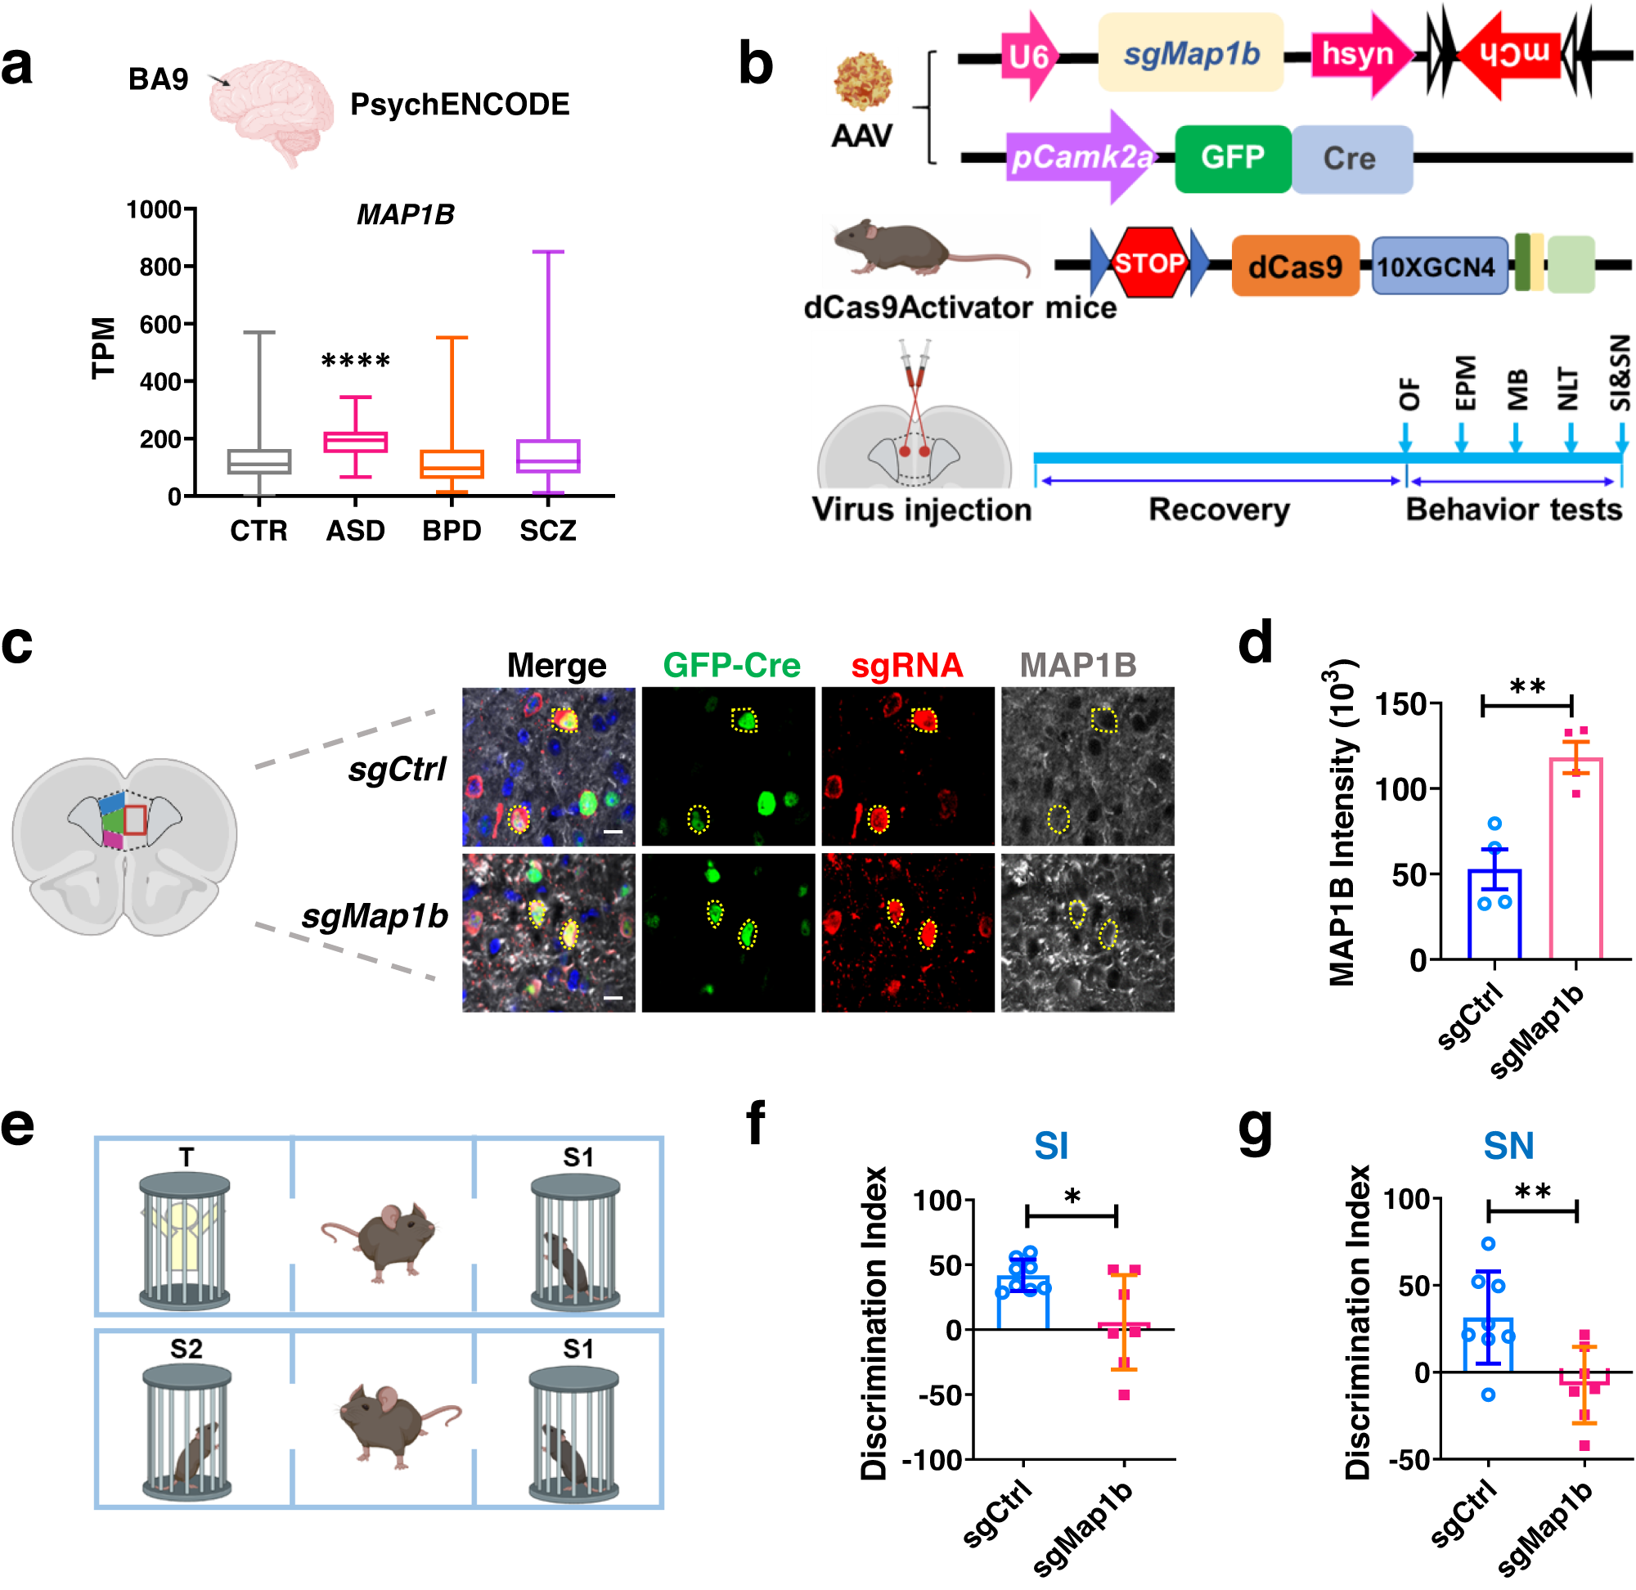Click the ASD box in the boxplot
tap(355, 442)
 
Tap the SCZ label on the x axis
tap(548, 531)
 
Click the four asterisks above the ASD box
tap(355, 362)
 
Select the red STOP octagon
tap(1148, 263)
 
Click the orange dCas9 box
tap(1294, 267)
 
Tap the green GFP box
tap(1232, 158)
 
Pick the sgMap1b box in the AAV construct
tap(1190, 53)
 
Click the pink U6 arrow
tap(1029, 56)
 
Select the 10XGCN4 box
tap(1439, 267)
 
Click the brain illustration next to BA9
tap(272, 109)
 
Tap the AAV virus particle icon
tap(863, 81)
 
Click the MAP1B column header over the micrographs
tap(1078, 666)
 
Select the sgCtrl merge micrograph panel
tap(549, 766)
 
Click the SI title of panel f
tap(1050, 1147)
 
